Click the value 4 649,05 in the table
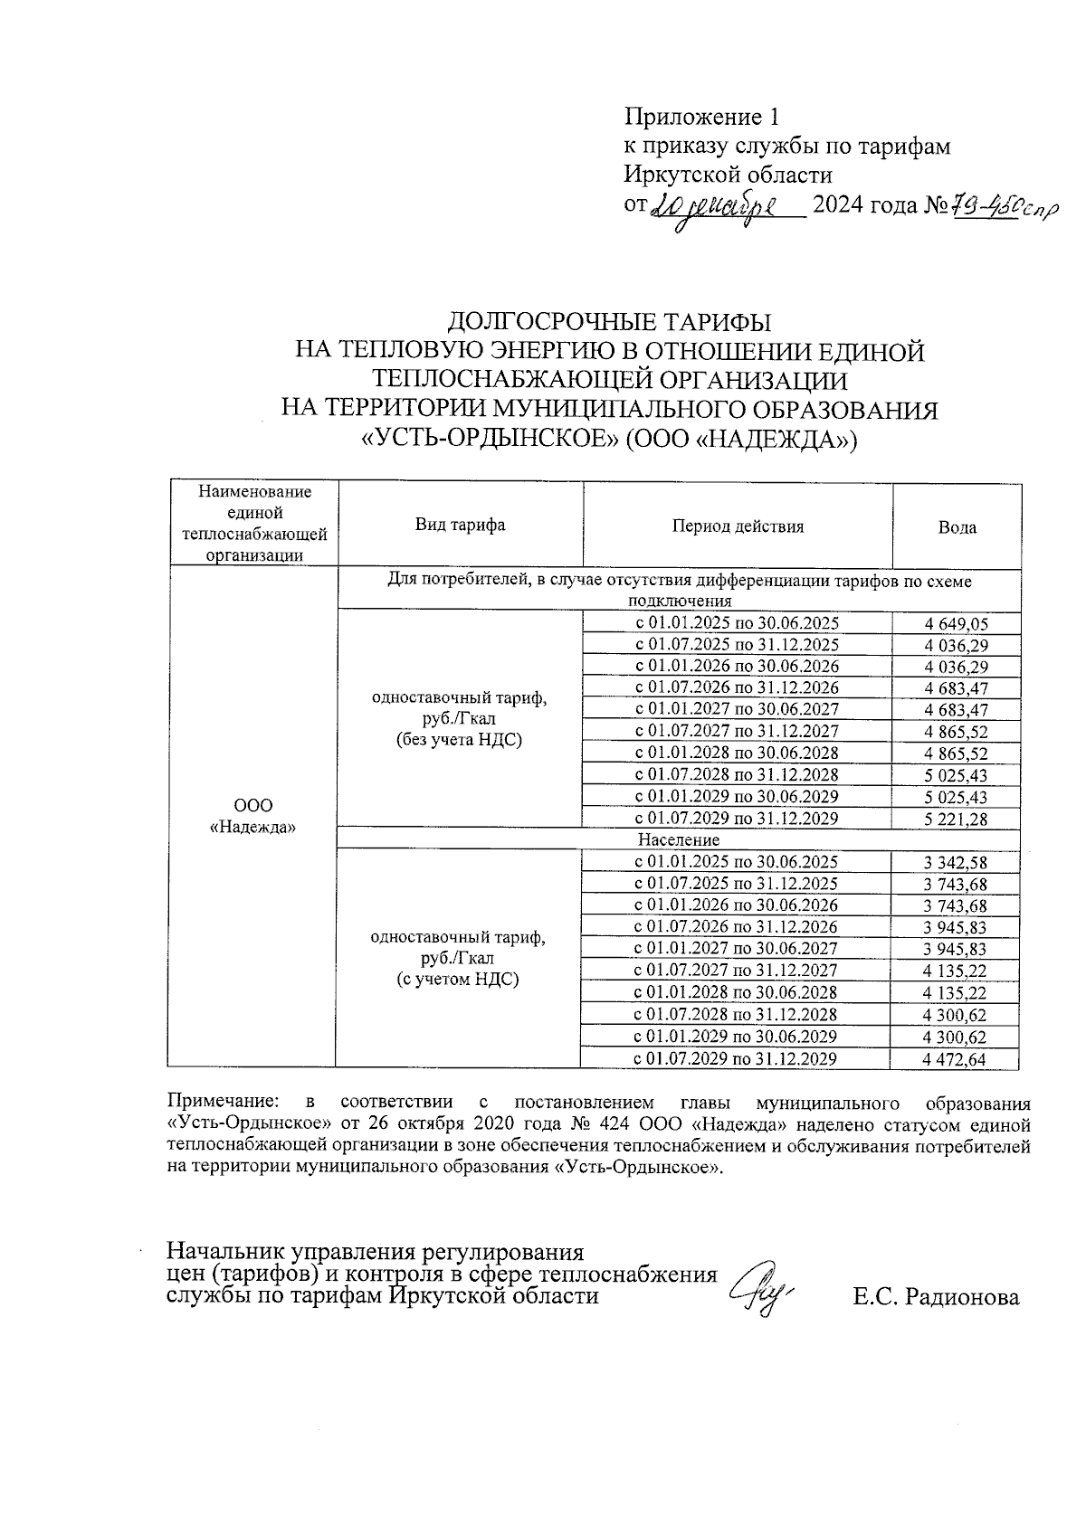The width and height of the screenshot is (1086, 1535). click(956, 623)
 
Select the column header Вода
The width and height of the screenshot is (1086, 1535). click(957, 527)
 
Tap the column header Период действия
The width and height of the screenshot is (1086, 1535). click(738, 526)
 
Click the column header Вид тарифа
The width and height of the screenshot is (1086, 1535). click(460, 526)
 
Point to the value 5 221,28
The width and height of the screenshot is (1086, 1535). click(956, 820)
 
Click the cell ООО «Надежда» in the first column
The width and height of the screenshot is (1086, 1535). click(253, 816)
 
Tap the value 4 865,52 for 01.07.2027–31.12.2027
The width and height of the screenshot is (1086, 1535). click(956, 732)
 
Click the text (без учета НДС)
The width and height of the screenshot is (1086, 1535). click(460, 741)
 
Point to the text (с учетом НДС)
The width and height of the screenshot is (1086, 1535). click(459, 980)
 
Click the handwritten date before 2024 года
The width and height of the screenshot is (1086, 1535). click(715, 208)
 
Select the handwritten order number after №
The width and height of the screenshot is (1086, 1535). click(1000, 207)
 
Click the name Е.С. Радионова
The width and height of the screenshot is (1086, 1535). click(936, 1297)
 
